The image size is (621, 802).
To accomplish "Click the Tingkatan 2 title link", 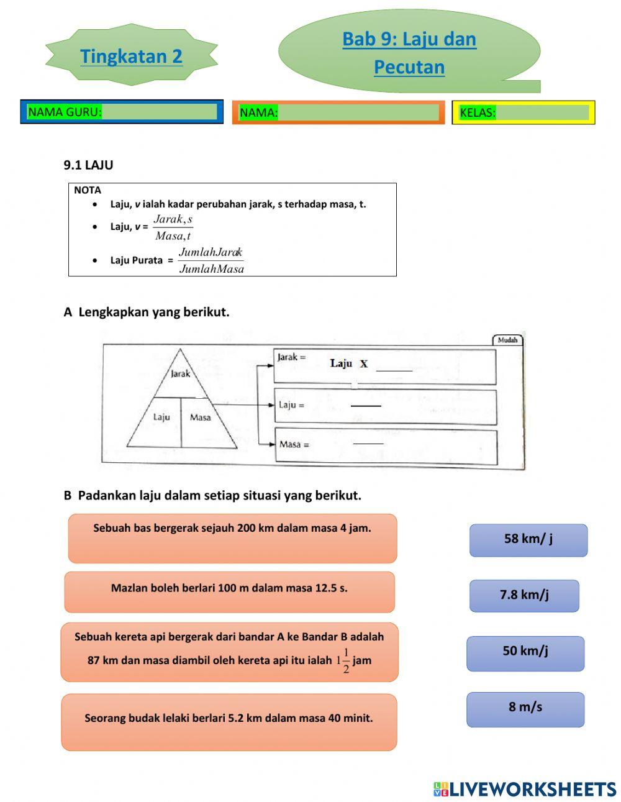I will click(x=131, y=56).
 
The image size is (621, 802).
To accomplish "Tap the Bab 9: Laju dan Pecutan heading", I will click(x=409, y=52).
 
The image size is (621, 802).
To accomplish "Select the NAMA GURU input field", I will click(x=158, y=112).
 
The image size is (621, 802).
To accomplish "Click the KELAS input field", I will click(x=542, y=112).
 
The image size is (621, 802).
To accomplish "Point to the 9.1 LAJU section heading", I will click(x=88, y=165).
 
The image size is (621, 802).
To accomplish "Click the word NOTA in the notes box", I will click(x=87, y=190).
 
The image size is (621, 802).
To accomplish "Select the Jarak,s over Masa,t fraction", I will click(x=173, y=227).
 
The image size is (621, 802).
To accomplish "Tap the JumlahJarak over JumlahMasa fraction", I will click(x=211, y=260).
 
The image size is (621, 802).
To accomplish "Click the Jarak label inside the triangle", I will click(x=180, y=373).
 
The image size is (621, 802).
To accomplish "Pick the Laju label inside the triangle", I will click(x=161, y=417).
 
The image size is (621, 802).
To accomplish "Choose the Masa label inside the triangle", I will click(x=200, y=417).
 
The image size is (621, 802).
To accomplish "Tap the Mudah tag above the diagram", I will click(x=507, y=340).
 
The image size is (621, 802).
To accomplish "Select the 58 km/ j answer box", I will click(x=528, y=539).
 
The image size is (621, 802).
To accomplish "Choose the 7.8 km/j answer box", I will click(x=524, y=595).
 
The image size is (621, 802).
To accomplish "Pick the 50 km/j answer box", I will click(x=525, y=652).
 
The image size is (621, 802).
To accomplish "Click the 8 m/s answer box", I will click(x=525, y=709).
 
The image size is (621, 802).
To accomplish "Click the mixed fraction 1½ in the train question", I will click(x=343, y=661).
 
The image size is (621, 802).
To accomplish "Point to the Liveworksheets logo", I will click(x=525, y=789).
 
